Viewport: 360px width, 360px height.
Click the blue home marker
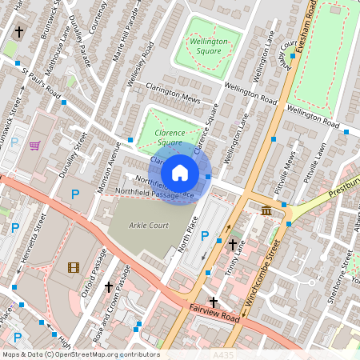pos(180,173)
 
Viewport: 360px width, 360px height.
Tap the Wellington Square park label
pos(210,45)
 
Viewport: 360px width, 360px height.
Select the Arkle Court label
pos(149,226)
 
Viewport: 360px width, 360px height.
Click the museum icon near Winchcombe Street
pos(266,210)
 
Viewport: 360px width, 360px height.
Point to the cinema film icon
pos(74,267)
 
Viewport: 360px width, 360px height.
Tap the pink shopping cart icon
pos(34,146)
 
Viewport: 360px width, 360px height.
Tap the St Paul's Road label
pos(42,84)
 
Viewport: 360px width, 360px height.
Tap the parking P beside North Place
pos(205,237)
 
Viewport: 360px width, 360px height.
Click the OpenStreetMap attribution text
pos(80,354)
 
